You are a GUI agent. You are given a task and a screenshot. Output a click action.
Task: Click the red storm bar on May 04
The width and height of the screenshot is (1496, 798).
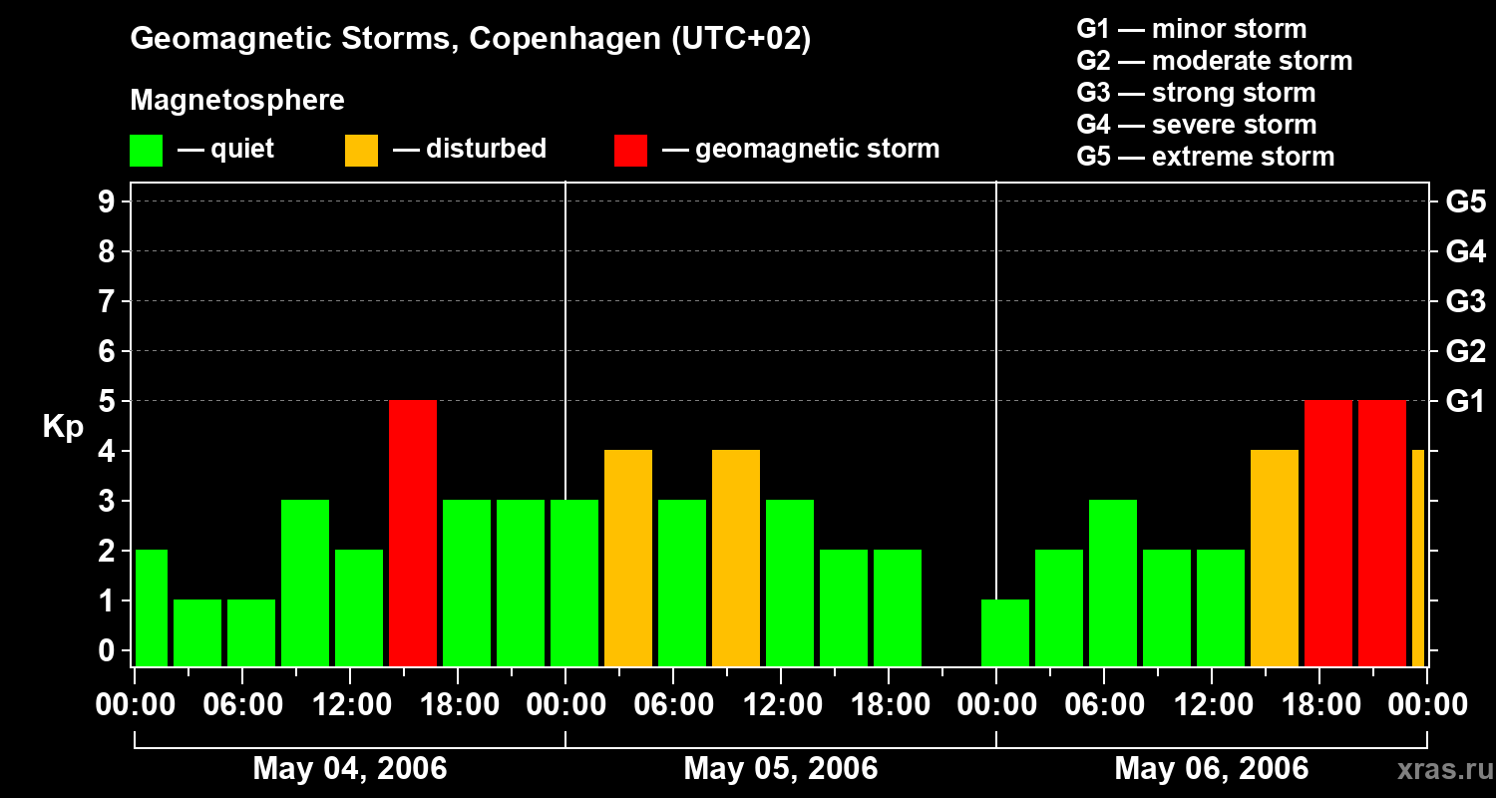click(x=413, y=533)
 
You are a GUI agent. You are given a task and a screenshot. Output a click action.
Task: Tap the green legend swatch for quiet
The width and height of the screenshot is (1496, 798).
click(x=146, y=151)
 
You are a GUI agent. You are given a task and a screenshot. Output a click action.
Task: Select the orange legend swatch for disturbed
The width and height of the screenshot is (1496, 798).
click(x=361, y=151)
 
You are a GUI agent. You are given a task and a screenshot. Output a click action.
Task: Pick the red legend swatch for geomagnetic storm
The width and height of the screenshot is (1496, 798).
click(x=630, y=151)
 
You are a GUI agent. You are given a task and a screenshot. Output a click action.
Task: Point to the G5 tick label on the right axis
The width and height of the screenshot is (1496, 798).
click(x=1465, y=202)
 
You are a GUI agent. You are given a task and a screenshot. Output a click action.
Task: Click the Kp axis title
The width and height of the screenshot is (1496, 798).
click(x=63, y=427)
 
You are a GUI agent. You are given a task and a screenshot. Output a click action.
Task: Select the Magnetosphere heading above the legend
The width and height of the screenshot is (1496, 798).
click(x=237, y=101)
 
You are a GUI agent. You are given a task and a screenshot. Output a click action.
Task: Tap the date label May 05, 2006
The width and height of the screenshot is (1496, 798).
click(x=781, y=768)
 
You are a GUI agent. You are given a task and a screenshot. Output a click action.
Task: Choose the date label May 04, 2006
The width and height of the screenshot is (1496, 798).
click(x=350, y=768)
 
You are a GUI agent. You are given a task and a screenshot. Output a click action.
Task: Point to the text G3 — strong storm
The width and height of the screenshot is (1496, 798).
click(x=1196, y=93)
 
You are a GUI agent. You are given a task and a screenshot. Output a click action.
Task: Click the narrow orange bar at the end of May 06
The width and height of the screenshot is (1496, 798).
click(x=1418, y=558)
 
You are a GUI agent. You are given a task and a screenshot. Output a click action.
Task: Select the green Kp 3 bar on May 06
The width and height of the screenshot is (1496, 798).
click(x=1113, y=583)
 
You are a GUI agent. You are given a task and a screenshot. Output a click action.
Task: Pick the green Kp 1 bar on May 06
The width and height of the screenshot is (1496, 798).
click(x=1005, y=632)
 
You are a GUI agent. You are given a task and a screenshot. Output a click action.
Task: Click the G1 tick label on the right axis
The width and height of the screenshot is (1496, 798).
click(x=1465, y=402)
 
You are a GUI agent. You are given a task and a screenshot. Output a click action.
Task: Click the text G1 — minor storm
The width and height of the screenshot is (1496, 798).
click(x=1191, y=29)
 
